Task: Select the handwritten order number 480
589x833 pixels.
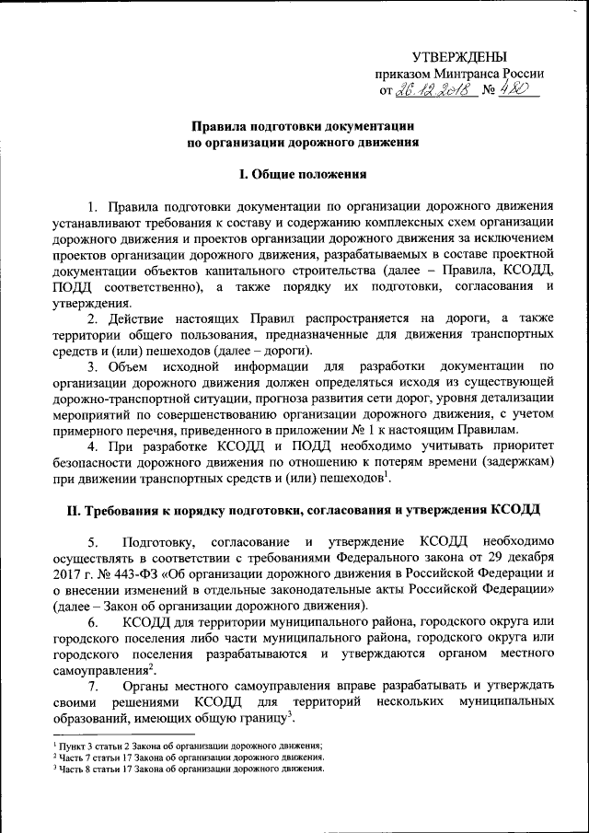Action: pyautogui.click(x=519, y=90)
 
